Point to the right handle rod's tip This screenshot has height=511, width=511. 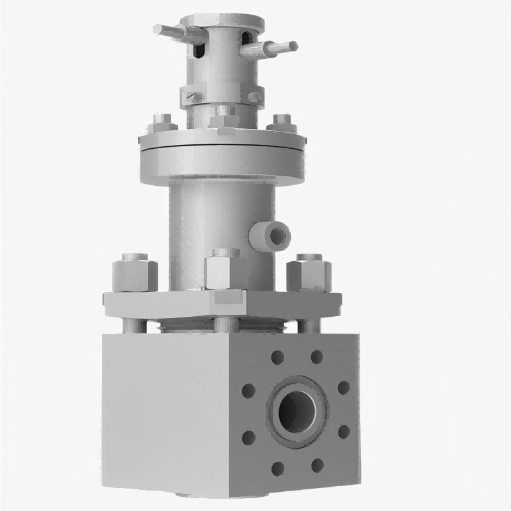293,46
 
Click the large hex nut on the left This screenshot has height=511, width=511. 135,271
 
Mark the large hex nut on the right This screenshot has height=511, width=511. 309,271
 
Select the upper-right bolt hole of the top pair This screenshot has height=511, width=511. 316,356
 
